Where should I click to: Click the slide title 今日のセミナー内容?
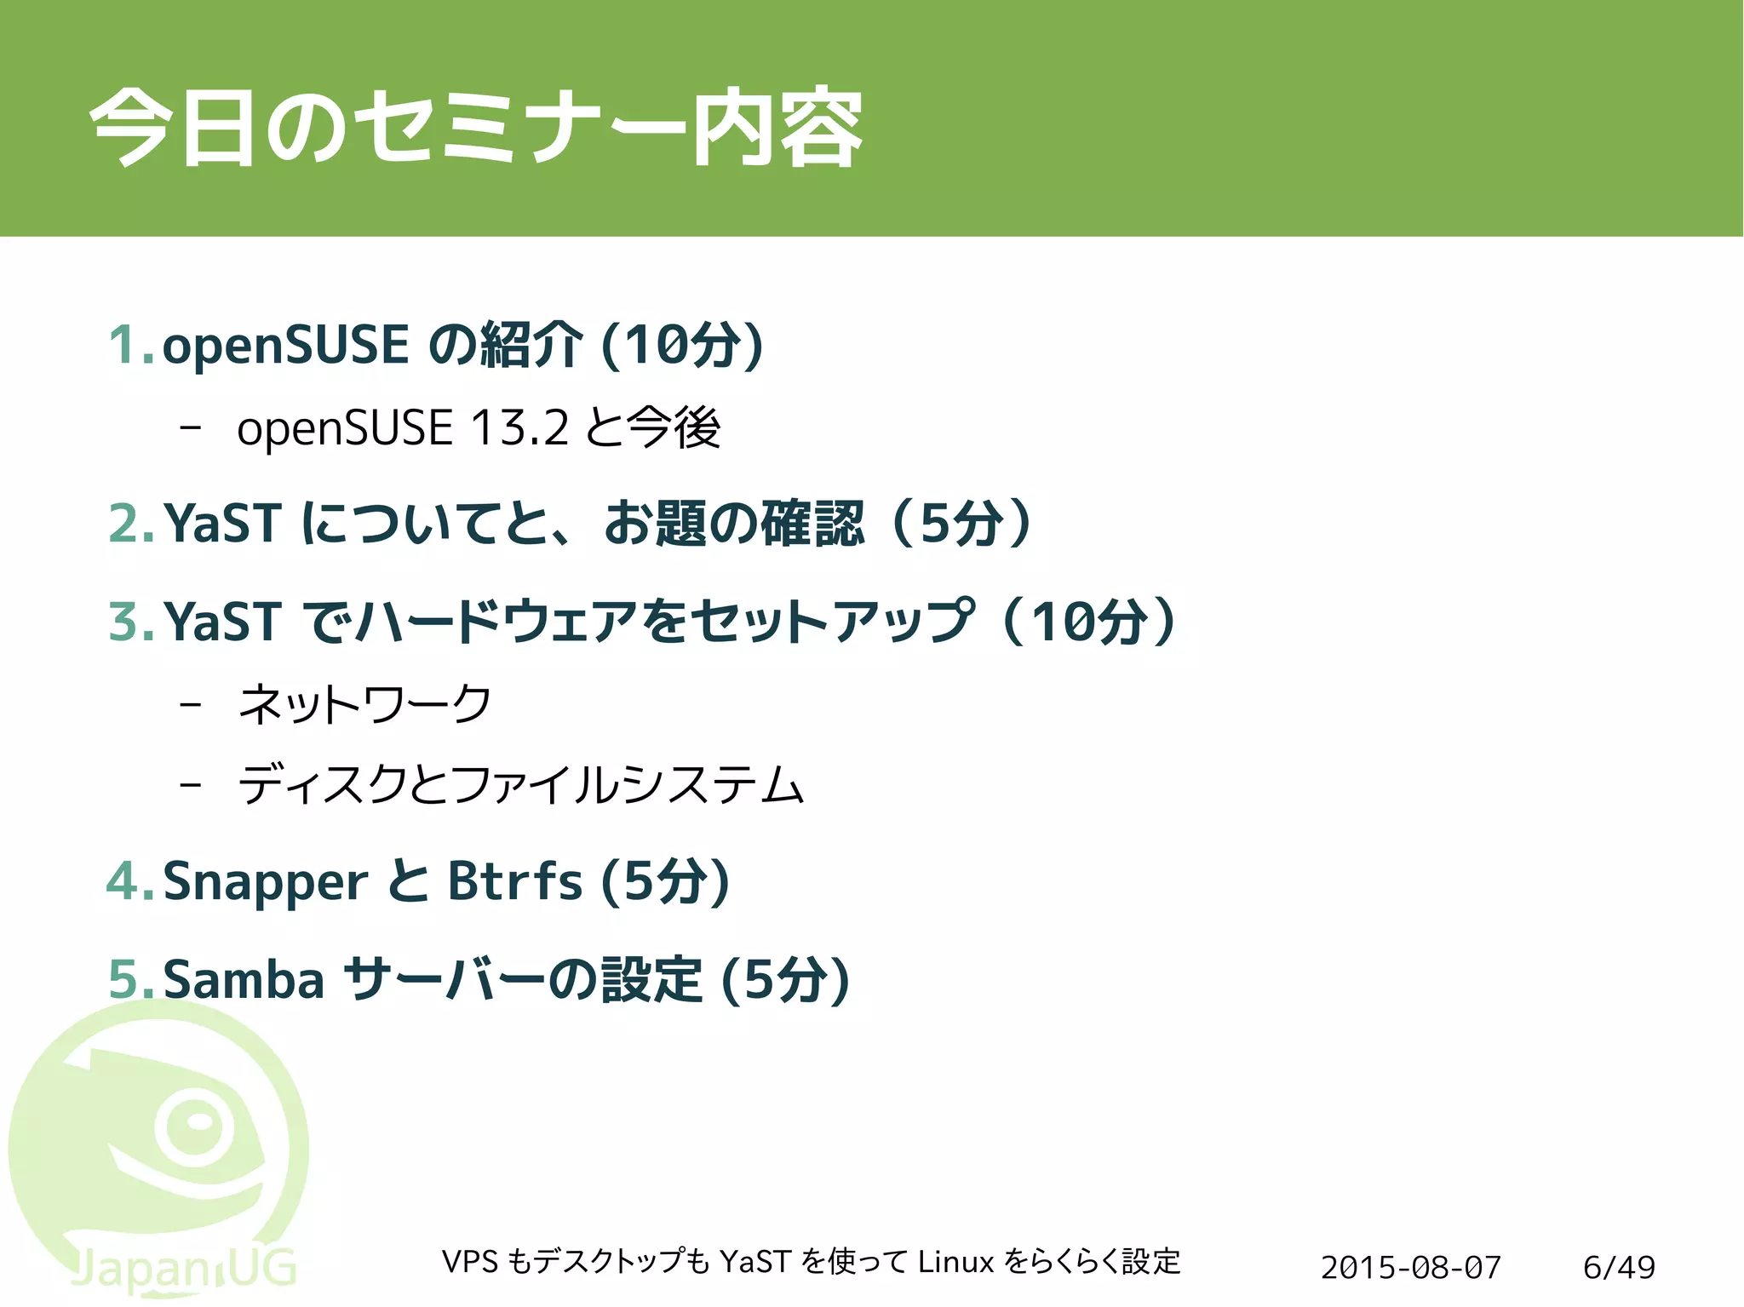click(476, 128)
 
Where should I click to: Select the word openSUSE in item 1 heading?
click(285, 345)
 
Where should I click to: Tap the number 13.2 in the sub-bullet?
click(519, 427)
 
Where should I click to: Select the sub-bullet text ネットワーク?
click(364, 704)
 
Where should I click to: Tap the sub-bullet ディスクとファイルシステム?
click(520, 784)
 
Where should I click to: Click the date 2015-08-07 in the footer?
click(1410, 1267)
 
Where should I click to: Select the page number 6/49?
click(1619, 1267)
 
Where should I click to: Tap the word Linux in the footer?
click(955, 1261)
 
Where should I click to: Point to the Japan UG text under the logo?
click(183, 1269)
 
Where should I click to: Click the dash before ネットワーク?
click(191, 705)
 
